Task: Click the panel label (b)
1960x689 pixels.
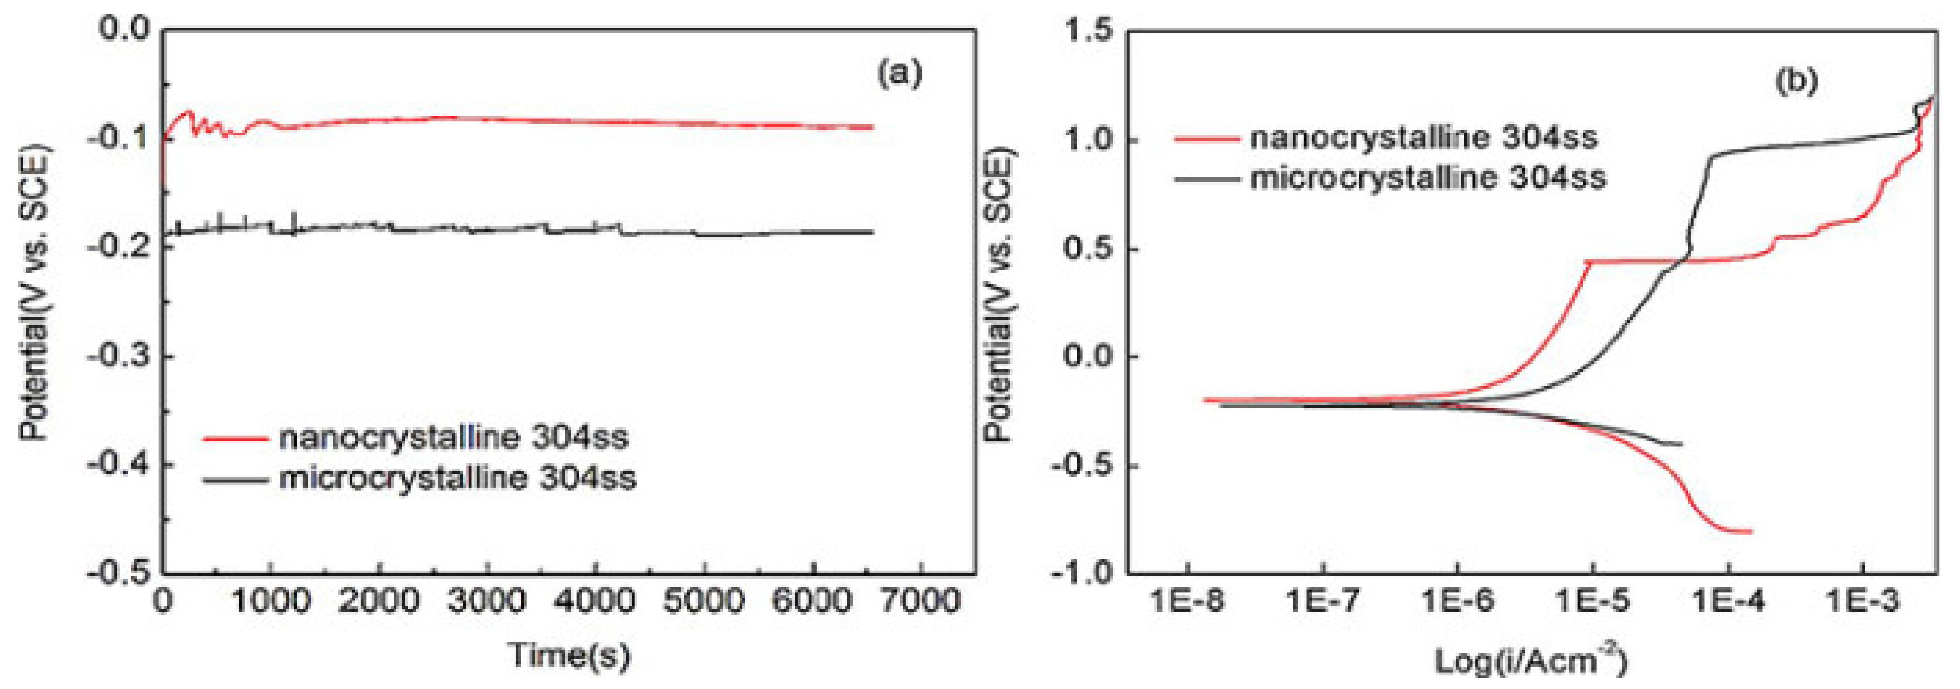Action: (1796, 80)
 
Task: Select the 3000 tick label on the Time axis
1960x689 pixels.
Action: (487, 601)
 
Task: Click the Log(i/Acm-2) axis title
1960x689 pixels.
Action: (1531, 659)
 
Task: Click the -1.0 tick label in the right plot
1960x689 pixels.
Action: (1081, 572)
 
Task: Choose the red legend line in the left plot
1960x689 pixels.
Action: (235, 438)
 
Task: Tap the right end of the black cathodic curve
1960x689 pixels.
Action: (1680, 443)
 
